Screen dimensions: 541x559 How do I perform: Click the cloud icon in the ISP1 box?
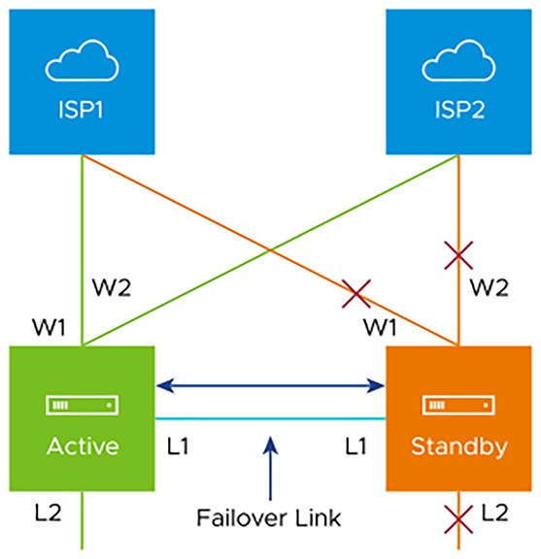pos(83,60)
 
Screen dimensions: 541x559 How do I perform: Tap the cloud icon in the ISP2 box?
pos(458,60)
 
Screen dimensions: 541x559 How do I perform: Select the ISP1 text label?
pos(81,109)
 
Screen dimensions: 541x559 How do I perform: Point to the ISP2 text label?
pos(459,109)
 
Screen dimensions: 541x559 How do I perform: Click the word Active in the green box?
pos(83,446)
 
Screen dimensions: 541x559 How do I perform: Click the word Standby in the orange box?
pos(459,447)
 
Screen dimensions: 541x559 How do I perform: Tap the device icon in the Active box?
pos(83,405)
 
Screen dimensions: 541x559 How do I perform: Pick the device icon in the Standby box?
pos(458,405)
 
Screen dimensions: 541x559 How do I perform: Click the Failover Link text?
pos(269,517)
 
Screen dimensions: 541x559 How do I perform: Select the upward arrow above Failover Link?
pos(270,468)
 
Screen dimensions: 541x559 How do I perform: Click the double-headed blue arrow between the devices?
pos(270,385)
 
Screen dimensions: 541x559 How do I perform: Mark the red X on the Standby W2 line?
pos(458,255)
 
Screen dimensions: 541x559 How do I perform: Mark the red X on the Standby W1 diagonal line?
pos(356,294)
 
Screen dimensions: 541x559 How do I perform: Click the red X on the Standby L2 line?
pos(458,519)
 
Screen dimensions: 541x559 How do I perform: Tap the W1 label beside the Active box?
pos(49,327)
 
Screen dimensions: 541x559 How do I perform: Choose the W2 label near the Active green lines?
pos(112,287)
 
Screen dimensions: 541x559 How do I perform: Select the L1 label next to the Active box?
pos(178,446)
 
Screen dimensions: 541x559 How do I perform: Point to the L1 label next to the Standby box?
pos(356,446)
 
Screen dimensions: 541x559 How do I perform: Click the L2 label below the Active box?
pos(49,513)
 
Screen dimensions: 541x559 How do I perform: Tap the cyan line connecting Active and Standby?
pos(270,418)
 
